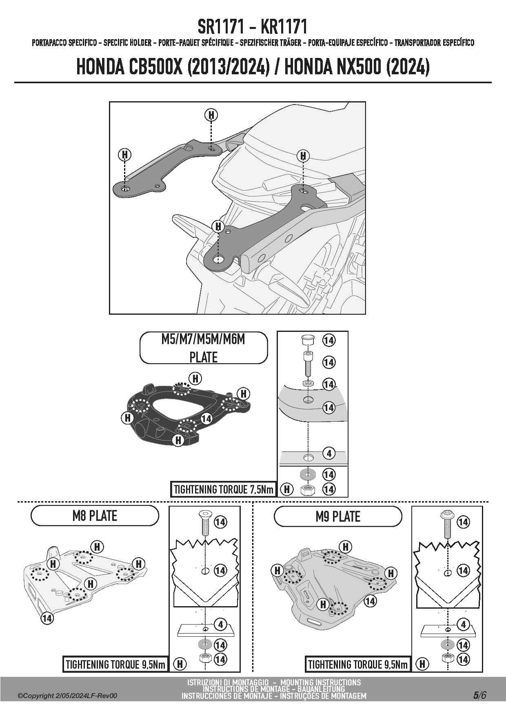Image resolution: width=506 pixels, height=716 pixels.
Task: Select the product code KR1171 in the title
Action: (x=284, y=27)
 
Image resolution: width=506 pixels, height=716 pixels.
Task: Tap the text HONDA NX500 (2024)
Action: (x=357, y=67)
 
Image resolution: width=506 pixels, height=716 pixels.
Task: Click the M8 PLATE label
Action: (x=95, y=516)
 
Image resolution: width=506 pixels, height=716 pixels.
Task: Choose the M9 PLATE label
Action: (x=338, y=516)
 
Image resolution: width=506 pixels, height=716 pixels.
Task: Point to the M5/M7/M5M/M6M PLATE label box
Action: (x=203, y=348)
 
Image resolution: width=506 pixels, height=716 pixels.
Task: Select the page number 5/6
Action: (x=480, y=695)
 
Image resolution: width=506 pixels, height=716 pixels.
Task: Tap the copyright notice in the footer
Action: (x=67, y=696)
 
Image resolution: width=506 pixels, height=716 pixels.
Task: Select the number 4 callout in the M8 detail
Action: (x=220, y=625)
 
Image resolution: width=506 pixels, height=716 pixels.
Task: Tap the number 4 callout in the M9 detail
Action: (x=463, y=625)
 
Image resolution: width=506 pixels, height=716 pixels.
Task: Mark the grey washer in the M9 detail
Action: (x=448, y=645)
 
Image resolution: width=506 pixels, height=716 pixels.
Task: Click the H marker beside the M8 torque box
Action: (x=180, y=664)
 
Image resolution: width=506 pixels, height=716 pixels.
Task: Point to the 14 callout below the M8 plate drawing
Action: (x=47, y=618)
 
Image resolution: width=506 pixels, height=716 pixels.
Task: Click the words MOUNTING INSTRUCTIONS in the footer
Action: (x=320, y=682)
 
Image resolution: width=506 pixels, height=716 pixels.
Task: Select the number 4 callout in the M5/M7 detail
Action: (x=329, y=453)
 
